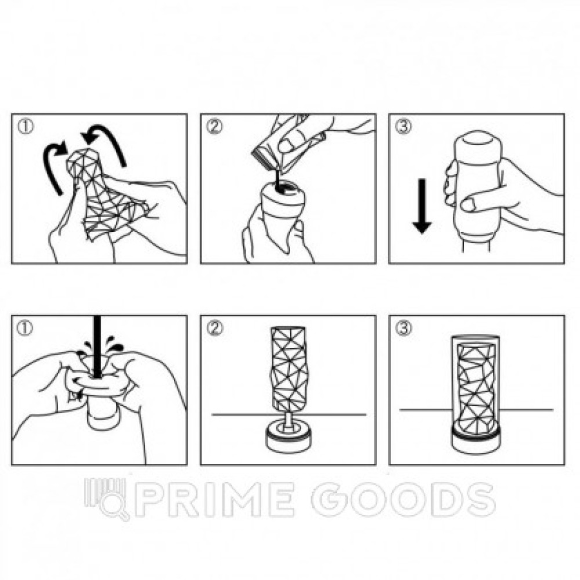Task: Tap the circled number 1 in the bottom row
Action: [x=25, y=328]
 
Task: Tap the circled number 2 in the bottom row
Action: [x=215, y=328]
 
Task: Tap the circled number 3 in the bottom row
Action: [x=403, y=328]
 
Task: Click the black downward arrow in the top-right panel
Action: [x=422, y=206]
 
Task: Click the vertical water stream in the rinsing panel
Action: [x=97, y=347]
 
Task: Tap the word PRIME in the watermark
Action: [x=215, y=499]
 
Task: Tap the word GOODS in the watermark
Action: [x=403, y=499]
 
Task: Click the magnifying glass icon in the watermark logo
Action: [x=114, y=507]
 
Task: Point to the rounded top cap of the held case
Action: [x=478, y=143]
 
